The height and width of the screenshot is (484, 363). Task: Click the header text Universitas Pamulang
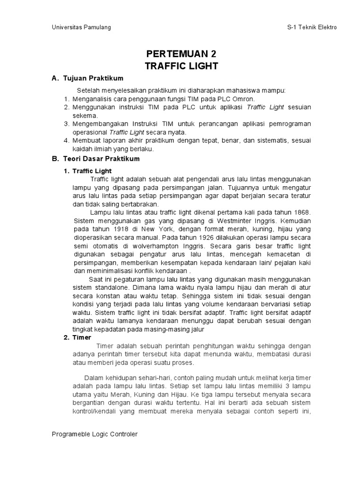pyautogui.click(x=81, y=27)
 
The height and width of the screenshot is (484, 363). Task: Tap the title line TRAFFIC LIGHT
pyautogui.click(x=181, y=66)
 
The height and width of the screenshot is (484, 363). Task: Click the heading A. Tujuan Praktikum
pyautogui.click(x=87, y=78)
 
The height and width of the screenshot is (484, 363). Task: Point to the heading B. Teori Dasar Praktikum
pyautogui.click(x=96, y=159)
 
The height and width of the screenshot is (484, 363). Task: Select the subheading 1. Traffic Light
pyautogui.click(x=87, y=171)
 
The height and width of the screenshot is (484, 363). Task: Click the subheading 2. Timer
pyautogui.click(x=78, y=337)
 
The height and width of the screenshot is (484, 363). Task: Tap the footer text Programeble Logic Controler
pyautogui.click(x=95, y=434)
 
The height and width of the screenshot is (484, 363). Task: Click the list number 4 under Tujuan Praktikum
pyautogui.click(x=66, y=141)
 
